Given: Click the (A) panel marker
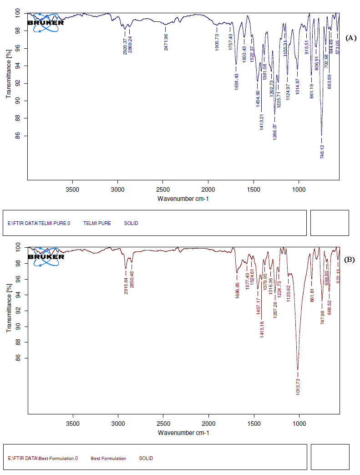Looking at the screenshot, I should point(350,38).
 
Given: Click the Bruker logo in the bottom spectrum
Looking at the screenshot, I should point(46,256).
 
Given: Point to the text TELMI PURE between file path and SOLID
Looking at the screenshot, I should point(97,224).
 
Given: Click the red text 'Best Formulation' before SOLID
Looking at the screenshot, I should point(108,459).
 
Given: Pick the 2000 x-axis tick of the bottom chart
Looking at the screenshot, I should point(208,424).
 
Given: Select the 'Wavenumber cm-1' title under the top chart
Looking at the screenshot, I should point(183,199).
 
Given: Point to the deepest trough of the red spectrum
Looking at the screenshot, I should point(298,369).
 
